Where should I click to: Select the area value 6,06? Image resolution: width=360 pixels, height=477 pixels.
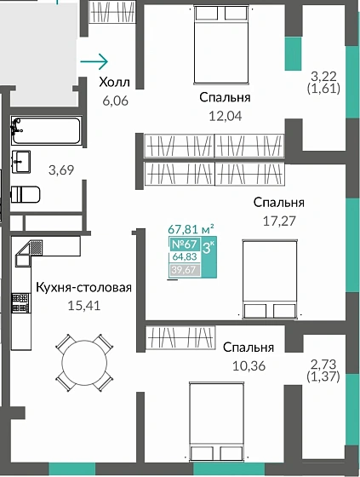tap(113, 99)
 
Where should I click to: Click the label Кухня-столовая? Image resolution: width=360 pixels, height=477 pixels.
tap(83, 287)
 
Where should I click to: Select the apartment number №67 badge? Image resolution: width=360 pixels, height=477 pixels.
tap(185, 244)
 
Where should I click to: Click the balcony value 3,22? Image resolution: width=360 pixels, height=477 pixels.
tap(324, 76)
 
